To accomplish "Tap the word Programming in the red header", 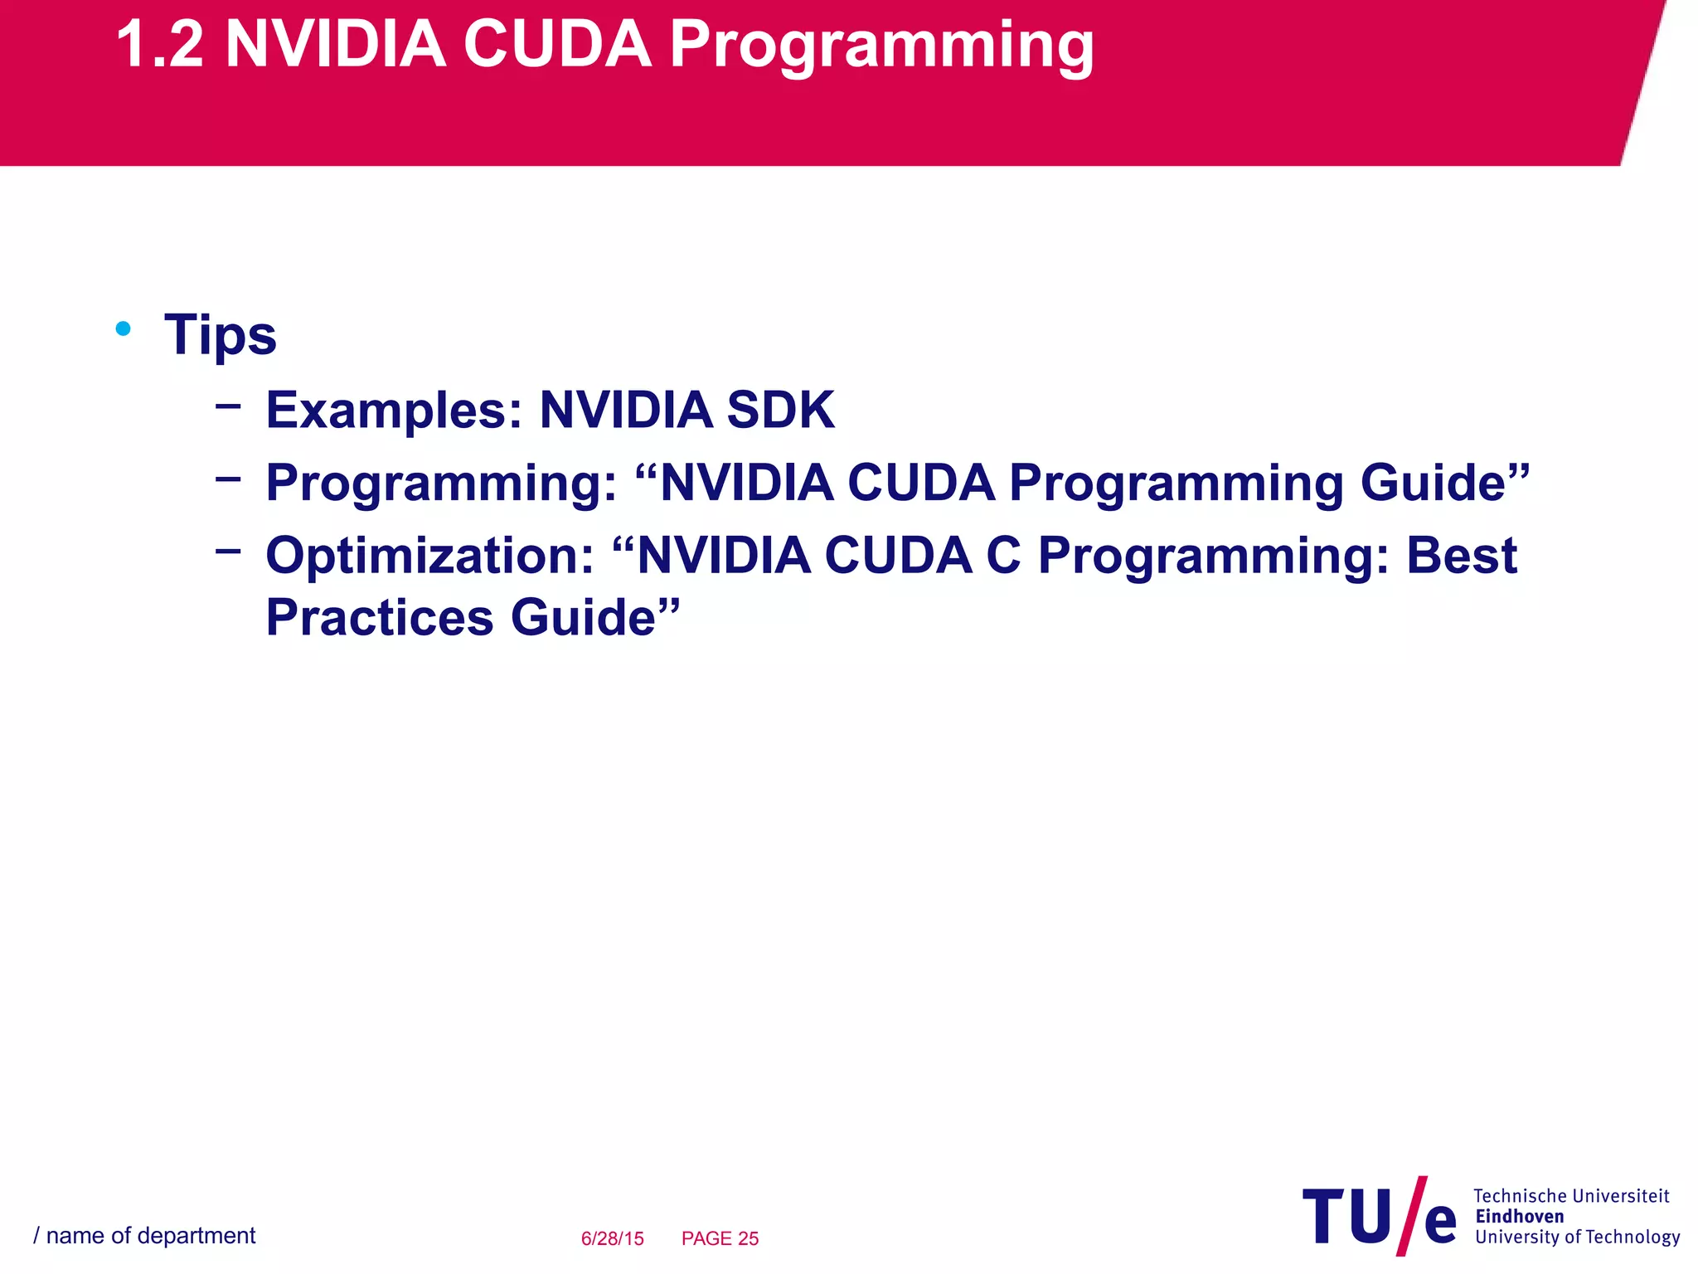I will click(x=881, y=48).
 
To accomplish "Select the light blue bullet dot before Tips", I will click(x=124, y=329).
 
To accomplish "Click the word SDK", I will click(x=780, y=411).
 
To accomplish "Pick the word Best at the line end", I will click(x=1462, y=556).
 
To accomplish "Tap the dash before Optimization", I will click(x=228, y=550).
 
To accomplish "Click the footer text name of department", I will click(x=150, y=1236).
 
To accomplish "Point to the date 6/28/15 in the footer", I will click(x=612, y=1238).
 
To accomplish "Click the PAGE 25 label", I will click(x=720, y=1238).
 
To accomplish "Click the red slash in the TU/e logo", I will click(x=1412, y=1215).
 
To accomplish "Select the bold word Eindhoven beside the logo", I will click(x=1519, y=1217).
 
